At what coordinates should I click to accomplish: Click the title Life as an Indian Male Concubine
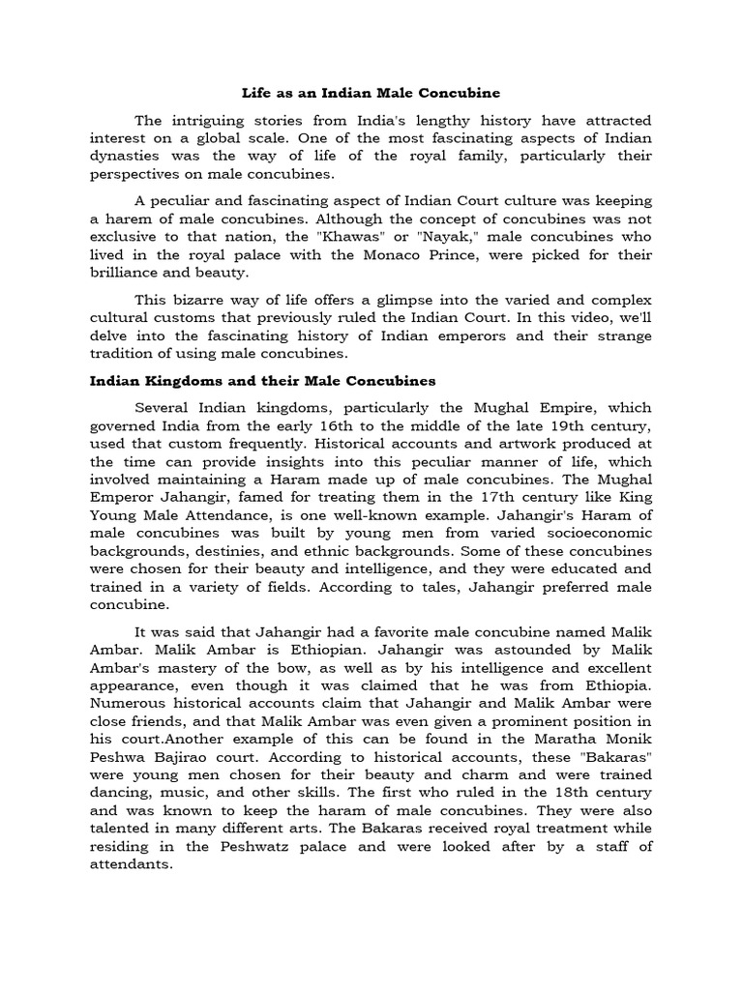coord(371,93)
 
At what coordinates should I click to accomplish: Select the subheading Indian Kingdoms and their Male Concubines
coord(262,381)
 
